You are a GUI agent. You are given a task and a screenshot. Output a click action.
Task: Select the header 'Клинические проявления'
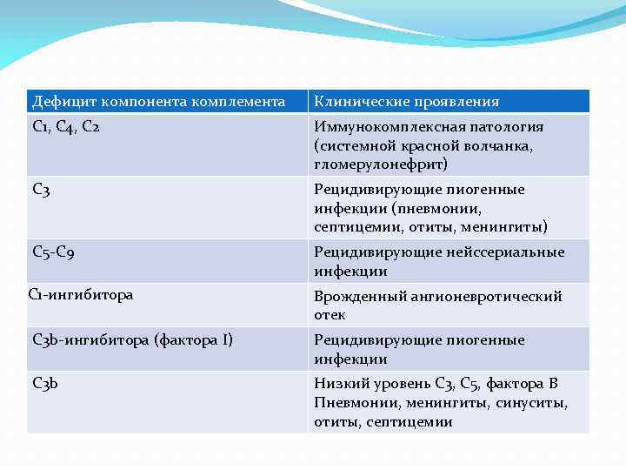pos(407,102)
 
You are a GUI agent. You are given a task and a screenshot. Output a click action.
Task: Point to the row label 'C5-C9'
pos(55,252)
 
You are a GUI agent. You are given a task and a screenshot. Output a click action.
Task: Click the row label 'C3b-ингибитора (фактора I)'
pos(132,339)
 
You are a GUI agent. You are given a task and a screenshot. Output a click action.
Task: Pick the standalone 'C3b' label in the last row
pos(45,383)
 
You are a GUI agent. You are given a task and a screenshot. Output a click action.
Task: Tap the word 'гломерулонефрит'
pos(369,164)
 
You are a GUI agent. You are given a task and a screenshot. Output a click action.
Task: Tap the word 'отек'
pos(330,315)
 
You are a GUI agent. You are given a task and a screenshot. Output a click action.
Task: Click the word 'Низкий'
pos(338,384)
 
